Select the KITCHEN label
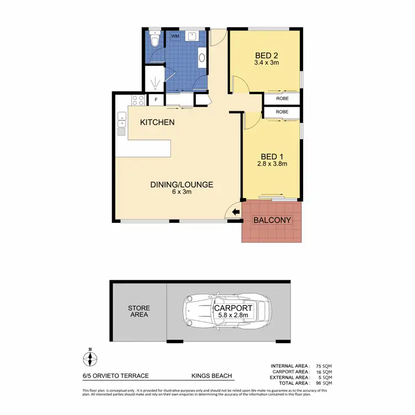tap(157, 122)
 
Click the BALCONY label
tap(272, 220)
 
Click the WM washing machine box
tap(175, 37)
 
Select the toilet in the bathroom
tap(155, 40)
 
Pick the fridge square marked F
tap(156, 100)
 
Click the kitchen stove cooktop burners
tap(138, 100)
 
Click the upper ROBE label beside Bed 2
tap(282, 98)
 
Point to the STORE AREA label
tap(138, 312)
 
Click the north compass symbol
tap(89, 360)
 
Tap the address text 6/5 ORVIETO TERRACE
tap(113, 376)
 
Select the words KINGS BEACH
tap(211, 376)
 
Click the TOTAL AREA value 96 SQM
tap(324, 383)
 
